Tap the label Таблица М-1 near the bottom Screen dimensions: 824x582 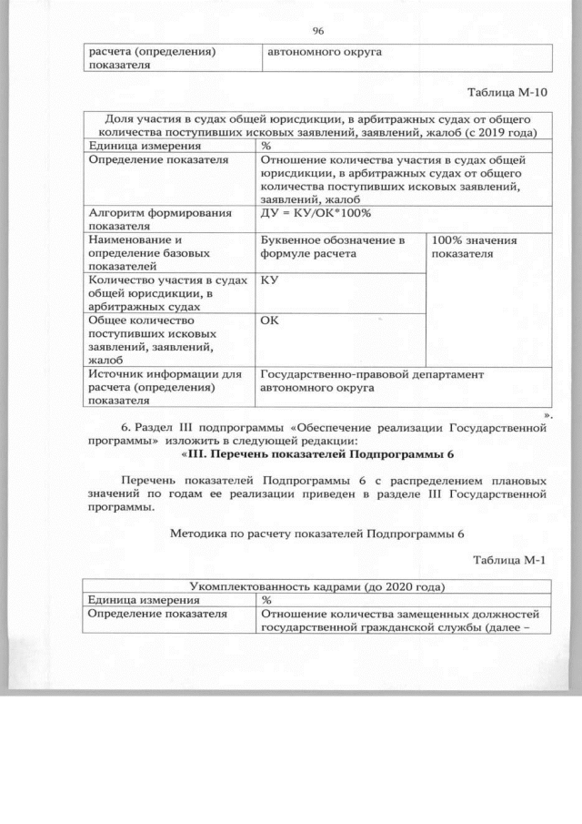(513, 558)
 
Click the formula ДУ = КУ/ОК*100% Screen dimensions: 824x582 (316, 213)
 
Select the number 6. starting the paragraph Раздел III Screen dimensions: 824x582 (125, 427)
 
